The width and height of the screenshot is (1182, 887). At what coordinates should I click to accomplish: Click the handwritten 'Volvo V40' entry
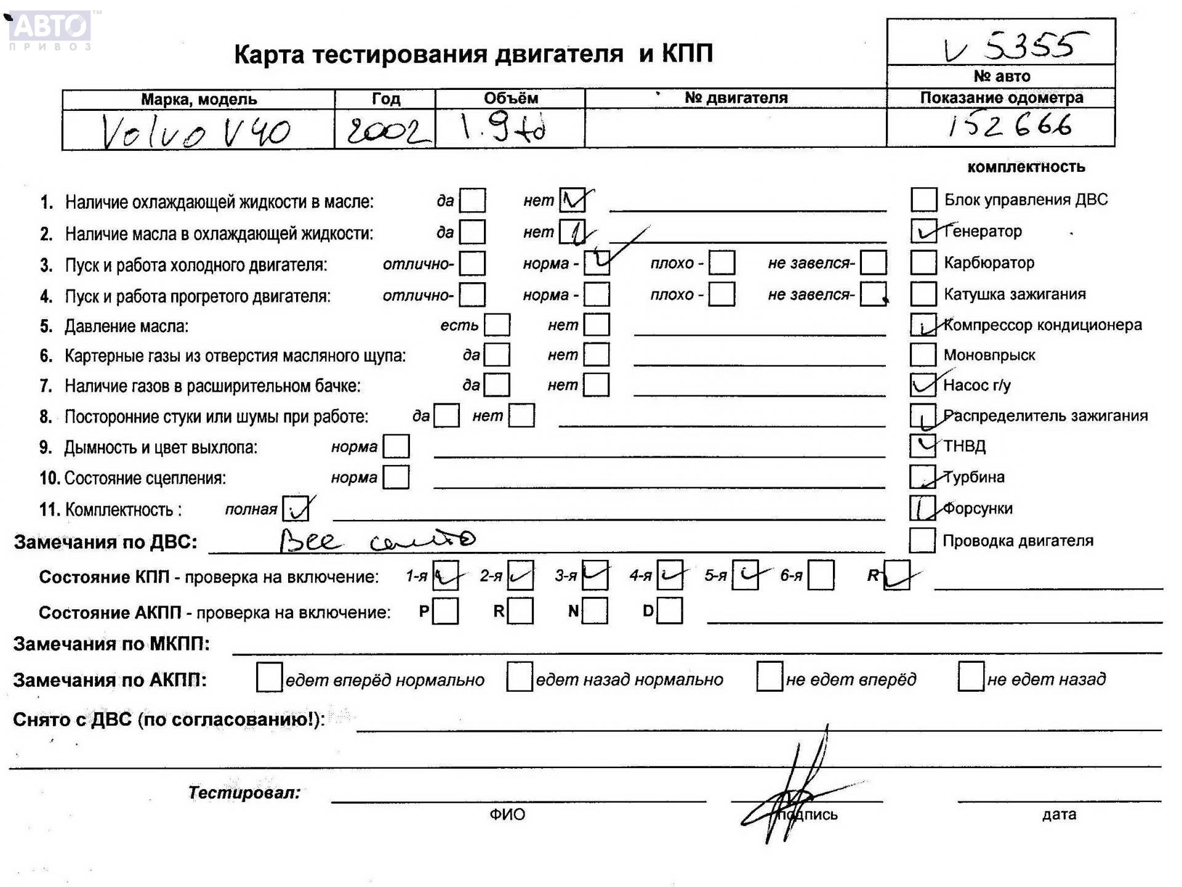pyautogui.click(x=196, y=131)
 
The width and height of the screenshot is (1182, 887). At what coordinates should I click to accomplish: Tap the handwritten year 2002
pyautogui.click(x=385, y=131)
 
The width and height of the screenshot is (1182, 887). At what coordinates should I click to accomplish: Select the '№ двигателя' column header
pyautogui.click(x=736, y=98)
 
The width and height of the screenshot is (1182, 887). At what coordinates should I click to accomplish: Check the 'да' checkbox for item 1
pyautogui.click(x=472, y=201)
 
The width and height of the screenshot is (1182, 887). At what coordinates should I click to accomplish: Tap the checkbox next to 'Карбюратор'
pyautogui.click(x=923, y=262)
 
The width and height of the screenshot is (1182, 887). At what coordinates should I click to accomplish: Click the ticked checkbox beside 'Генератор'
pyautogui.click(x=923, y=231)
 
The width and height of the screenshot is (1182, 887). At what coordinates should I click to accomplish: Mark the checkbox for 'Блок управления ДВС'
pyautogui.click(x=923, y=200)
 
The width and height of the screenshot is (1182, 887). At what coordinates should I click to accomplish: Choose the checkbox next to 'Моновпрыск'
pyautogui.click(x=923, y=355)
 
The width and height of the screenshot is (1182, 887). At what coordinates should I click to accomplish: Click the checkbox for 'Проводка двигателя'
pyautogui.click(x=922, y=540)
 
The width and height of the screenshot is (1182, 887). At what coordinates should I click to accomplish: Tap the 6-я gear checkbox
pyautogui.click(x=821, y=575)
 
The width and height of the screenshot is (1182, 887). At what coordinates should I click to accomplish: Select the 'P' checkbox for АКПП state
pyautogui.click(x=445, y=611)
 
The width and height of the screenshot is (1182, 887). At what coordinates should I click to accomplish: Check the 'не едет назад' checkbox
pyautogui.click(x=970, y=677)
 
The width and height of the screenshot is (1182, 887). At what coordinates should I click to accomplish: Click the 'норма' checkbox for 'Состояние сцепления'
pyautogui.click(x=396, y=477)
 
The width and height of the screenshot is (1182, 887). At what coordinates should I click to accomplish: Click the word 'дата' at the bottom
pyautogui.click(x=1059, y=814)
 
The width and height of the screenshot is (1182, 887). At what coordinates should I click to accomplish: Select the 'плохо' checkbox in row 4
pyautogui.click(x=722, y=294)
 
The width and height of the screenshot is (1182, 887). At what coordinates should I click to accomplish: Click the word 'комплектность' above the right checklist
pyautogui.click(x=1026, y=167)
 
